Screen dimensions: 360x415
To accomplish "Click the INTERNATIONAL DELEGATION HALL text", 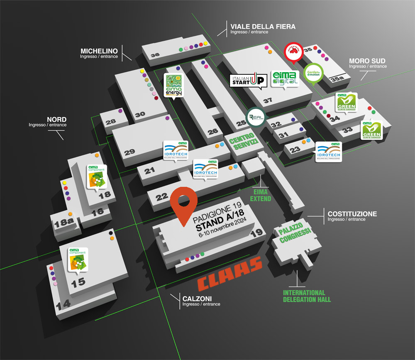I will pos(307,296).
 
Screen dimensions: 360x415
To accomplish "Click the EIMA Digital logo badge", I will pos(285,78).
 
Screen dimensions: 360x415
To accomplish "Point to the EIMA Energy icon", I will pos(173,86).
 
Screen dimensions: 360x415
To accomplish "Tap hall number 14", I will pos(63,305).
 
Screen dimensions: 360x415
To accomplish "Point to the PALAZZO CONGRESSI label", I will pos(295,233).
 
